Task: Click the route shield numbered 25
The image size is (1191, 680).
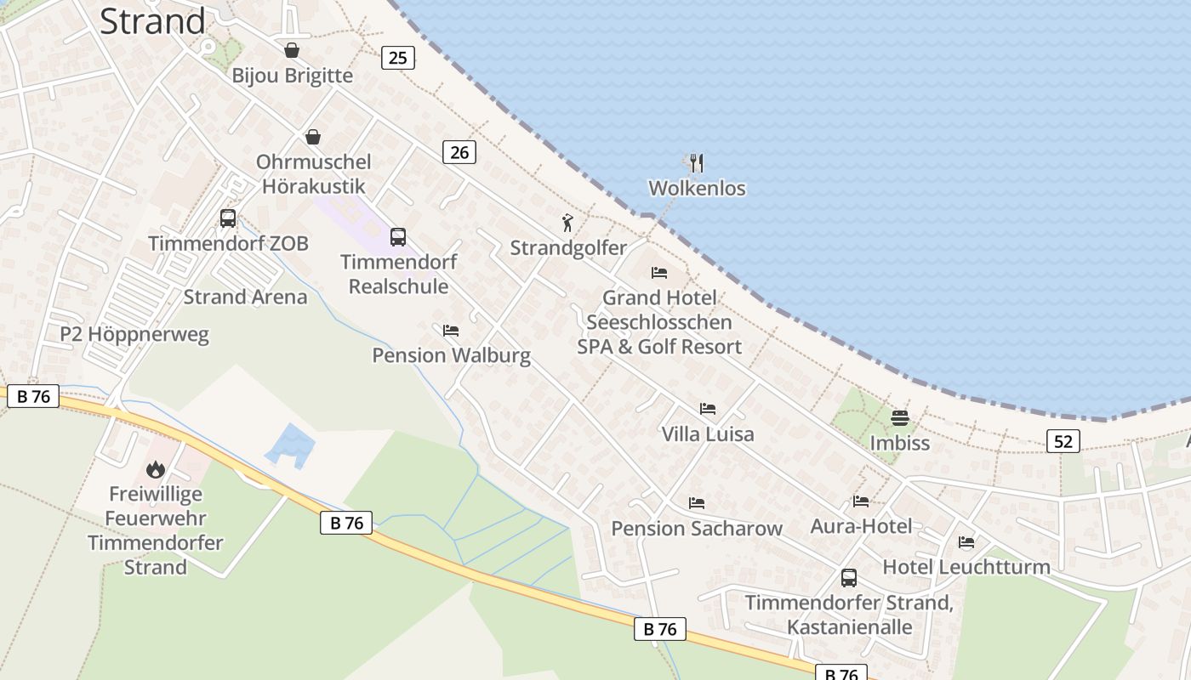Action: (397, 58)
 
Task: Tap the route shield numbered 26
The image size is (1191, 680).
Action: (459, 152)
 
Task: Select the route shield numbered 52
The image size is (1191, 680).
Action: (1063, 440)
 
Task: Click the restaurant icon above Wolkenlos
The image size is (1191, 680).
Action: (697, 162)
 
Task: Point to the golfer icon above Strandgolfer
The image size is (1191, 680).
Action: (567, 223)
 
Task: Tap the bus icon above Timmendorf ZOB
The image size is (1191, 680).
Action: (228, 218)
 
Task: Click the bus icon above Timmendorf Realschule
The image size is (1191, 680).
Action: (398, 237)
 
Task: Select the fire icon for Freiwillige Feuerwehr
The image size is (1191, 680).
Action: (155, 468)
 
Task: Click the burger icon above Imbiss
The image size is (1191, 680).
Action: (900, 417)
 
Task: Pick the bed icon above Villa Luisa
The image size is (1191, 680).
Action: (708, 409)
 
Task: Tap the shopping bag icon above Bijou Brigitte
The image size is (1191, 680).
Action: (292, 50)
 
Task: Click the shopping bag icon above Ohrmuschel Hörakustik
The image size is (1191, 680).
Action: (313, 137)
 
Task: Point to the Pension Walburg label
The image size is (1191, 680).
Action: (451, 354)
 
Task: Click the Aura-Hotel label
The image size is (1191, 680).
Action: (861, 526)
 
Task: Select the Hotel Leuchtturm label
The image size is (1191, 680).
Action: (966, 566)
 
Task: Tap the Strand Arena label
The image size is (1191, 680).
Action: (245, 297)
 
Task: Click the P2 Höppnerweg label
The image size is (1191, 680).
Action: (134, 334)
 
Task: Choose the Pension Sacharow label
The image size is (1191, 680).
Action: (697, 528)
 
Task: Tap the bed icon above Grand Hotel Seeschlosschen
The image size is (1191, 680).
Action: (659, 273)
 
